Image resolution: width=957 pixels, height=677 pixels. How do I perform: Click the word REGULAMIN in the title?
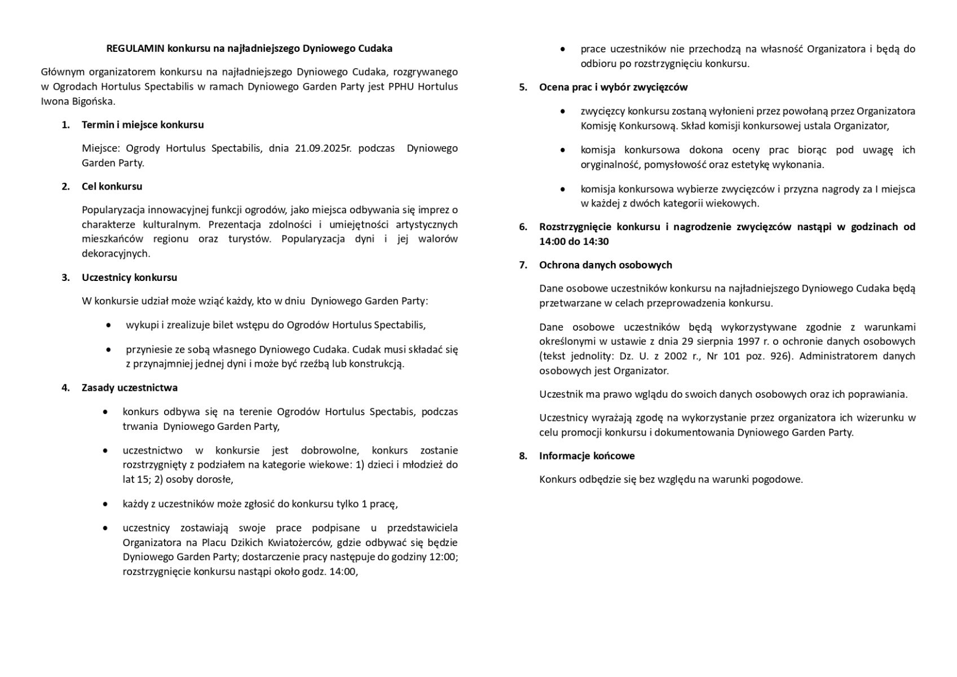135,49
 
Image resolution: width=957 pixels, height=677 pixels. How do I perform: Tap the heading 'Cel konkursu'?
112,186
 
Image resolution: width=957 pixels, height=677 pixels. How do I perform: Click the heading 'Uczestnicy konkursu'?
129,278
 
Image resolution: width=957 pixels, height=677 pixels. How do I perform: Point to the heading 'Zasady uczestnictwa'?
129,388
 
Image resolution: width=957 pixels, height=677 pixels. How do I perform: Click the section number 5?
523,87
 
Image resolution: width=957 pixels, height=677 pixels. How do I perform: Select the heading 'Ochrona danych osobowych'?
605,265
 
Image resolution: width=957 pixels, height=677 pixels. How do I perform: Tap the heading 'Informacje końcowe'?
586,456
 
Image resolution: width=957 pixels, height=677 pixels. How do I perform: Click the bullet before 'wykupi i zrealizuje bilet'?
108,326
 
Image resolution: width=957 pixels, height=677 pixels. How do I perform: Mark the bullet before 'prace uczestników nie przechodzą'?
563,50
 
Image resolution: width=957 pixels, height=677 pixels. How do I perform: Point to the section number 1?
66,125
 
